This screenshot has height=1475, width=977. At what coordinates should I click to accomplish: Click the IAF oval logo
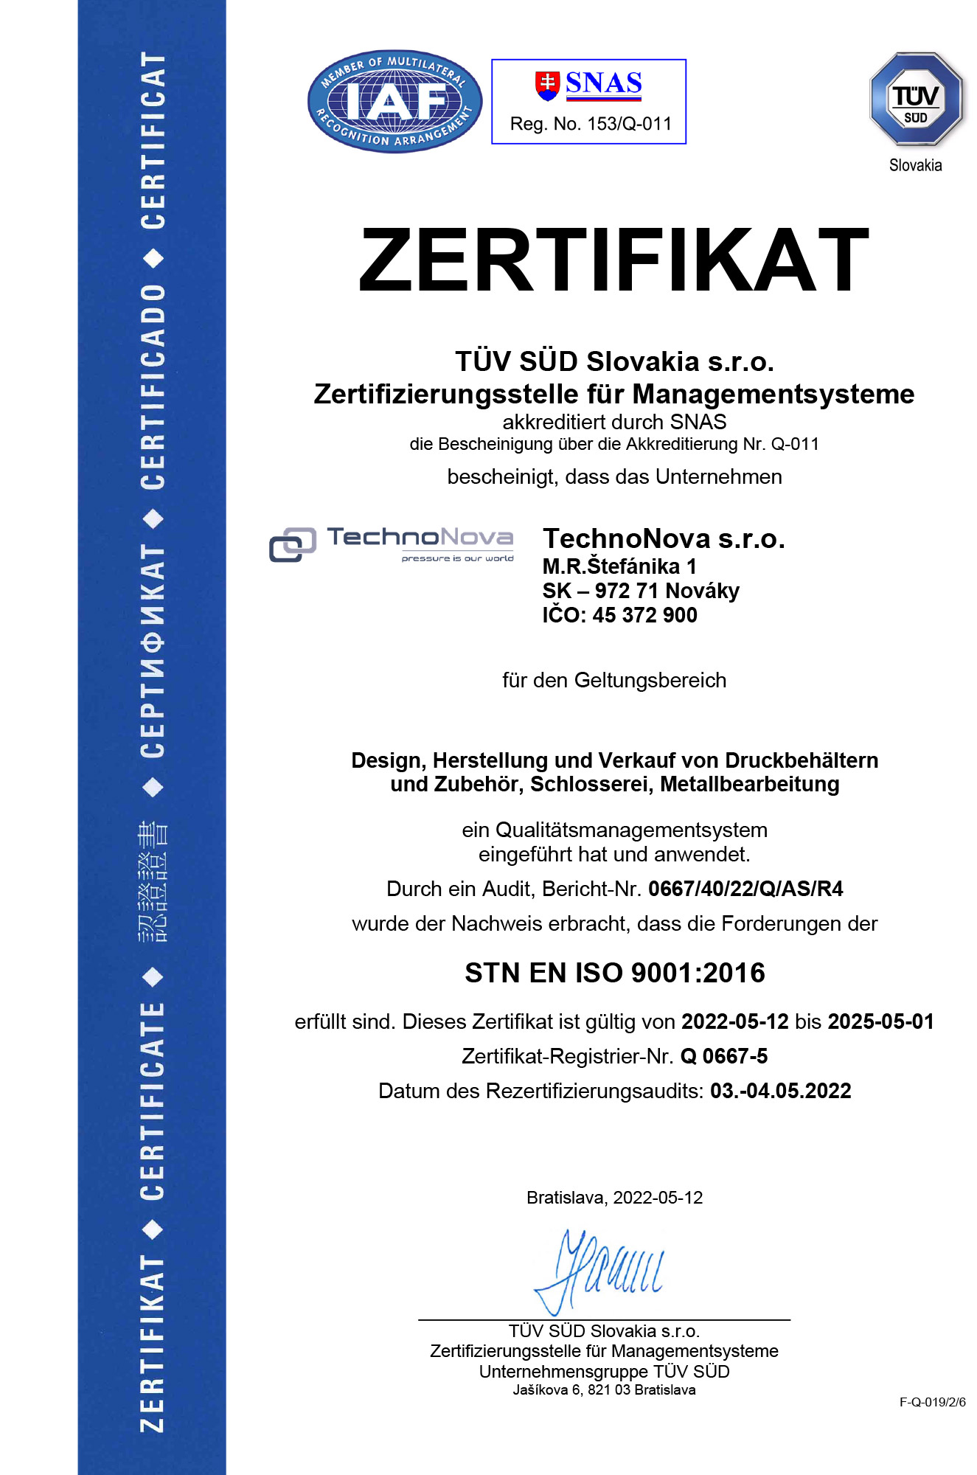pyautogui.click(x=394, y=102)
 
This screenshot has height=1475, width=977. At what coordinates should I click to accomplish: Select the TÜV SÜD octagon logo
pyautogui.click(x=916, y=99)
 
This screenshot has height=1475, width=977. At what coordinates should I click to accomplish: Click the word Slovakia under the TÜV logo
pyautogui.click(x=915, y=165)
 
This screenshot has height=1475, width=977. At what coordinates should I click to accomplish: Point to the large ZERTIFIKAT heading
pyautogui.click(x=613, y=260)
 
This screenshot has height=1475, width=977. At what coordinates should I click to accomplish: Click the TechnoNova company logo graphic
pyautogui.click(x=392, y=544)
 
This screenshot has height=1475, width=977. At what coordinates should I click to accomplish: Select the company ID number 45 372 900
pyautogui.click(x=644, y=615)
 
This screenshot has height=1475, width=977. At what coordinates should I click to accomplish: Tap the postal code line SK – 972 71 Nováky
pyautogui.click(x=641, y=591)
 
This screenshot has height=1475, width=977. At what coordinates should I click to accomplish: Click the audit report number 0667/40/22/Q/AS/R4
pyautogui.click(x=745, y=889)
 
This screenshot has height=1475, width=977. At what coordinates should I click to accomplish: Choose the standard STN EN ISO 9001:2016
pyautogui.click(x=615, y=973)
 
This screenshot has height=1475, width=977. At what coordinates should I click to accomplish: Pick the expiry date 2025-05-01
pyautogui.click(x=880, y=1021)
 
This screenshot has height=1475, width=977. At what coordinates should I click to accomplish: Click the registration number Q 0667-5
pyautogui.click(x=723, y=1056)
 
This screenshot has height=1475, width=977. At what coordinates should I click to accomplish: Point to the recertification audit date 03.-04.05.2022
pyautogui.click(x=780, y=1091)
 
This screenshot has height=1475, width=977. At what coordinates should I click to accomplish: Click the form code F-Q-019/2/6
pyautogui.click(x=932, y=1402)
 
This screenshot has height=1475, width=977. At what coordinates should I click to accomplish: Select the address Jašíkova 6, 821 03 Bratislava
pyautogui.click(x=604, y=1390)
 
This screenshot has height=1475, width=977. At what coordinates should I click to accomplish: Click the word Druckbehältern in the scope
pyautogui.click(x=802, y=760)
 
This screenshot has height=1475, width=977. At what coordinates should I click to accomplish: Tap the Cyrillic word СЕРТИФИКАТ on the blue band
pyautogui.click(x=153, y=653)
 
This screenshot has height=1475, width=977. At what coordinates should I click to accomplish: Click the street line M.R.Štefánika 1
pyautogui.click(x=619, y=566)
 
